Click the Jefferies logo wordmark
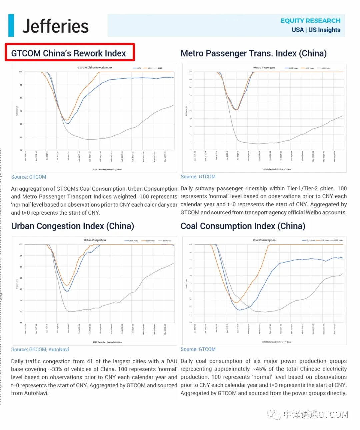[55, 26]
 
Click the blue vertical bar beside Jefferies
[11, 25]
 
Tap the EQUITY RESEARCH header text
[310, 21]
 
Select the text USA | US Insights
[316, 30]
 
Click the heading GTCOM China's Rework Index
[68, 53]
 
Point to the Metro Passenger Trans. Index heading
[253, 53]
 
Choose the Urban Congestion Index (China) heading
[72, 226]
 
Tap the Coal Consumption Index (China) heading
[243, 226]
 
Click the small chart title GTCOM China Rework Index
[95, 68]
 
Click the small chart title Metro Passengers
[264, 68]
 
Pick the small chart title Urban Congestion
[95, 240]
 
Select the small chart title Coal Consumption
[264, 240]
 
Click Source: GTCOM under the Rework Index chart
[29, 177]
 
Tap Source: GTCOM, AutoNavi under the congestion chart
[40, 350]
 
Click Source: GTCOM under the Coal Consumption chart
[198, 349]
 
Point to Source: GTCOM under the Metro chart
[198, 177]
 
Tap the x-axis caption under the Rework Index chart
[107, 170]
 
